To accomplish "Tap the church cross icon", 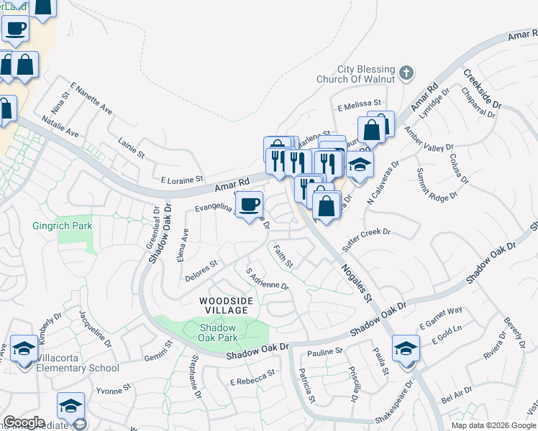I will coord(406,73).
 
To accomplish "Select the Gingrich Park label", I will coord(63,226).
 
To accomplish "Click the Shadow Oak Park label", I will coord(219,332).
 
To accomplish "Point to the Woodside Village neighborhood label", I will coord(224,305).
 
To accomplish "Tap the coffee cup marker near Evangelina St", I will coord(250,205).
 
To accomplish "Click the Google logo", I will coord(24,422).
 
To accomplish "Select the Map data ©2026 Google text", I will coord(493,425).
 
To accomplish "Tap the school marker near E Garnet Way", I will coord(406,350).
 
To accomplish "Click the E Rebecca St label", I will coord(252,378).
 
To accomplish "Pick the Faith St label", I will coord(282,256).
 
